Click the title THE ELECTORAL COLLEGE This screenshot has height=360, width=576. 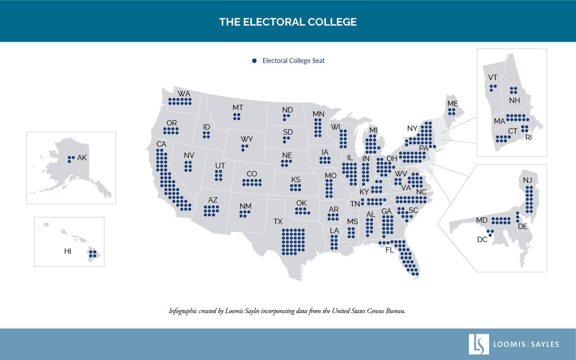pyautogui.click(x=288, y=22)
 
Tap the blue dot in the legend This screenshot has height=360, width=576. pyautogui.click(x=254, y=61)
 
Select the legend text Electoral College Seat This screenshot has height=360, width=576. pyautogui.click(x=293, y=61)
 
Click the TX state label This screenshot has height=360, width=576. pyautogui.click(x=278, y=222)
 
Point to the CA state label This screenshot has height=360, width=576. pyautogui.click(x=162, y=144)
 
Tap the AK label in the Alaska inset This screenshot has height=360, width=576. pyautogui.click(x=82, y=158)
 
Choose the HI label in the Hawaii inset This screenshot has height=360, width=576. pyautogui.click(x=67, y=252)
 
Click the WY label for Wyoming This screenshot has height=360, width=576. pyautogui.click(x=246, y=139)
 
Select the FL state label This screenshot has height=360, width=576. pyautogui.click(x=390, y=250)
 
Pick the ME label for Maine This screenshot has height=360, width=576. pyautogui.click(x=452, y=104)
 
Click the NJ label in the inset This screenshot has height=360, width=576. pyautogui.click(x=527, y=180)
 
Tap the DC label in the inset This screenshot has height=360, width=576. pyautogui.click(x=482, y=240)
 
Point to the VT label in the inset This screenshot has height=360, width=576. pyautogui.click(x=493, y=77)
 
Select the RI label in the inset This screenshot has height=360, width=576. pyautogui.click(x=528, y=138)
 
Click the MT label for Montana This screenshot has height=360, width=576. pyautogui.click(x=238, y=108)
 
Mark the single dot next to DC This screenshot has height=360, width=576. pyautogui.click(x=490, y=234)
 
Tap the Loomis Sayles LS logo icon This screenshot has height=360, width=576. pyautogui.click(x=478, y=344)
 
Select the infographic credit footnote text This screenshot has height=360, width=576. pyautogui.click(x=287, y=311)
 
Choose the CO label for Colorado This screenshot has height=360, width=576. pyautogui.click(x=252, y=174)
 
